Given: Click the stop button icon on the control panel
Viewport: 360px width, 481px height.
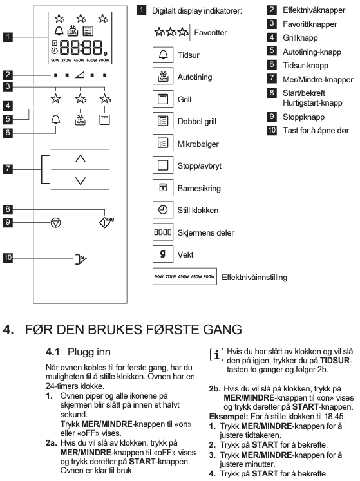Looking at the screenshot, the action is click(x=55, y=223).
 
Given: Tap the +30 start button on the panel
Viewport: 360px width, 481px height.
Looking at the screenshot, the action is click(x=106, y=222).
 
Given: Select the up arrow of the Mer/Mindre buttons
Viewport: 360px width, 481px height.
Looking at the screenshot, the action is click(x=81, y=158).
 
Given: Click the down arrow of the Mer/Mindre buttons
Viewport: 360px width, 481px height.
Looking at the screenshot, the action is click(x=81, y=181).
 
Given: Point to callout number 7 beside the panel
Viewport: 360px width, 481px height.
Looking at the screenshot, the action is click(x=8, y=169).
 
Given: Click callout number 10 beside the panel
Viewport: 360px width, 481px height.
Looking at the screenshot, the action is click(x=8, y=258).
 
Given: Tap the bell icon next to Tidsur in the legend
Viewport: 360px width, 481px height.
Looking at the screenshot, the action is click(x=163, y=55).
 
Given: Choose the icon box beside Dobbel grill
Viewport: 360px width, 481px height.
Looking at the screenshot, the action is click(x=163, y=121).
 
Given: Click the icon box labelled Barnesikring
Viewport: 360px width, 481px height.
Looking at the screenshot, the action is click(x=163, y=187).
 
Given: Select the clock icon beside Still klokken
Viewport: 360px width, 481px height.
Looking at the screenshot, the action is click(x=163, y=210).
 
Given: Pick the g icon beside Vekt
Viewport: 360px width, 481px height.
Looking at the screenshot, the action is click(x=163, y=254).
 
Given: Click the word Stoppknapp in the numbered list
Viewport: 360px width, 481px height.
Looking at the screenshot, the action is click(x=303, y=117).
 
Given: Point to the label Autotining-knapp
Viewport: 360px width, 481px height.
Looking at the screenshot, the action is click(x=312, y=52).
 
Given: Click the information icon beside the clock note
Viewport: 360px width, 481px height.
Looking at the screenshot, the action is click(x=216, y=355).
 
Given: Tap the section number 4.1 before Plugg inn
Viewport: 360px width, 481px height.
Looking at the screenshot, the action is click(x=52, y=352).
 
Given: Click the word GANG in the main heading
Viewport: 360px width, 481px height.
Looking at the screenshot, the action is click(x=223, y=330).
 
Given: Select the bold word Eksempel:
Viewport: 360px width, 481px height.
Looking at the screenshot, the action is click(x=229, y=417).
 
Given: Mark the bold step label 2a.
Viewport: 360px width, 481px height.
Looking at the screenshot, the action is click(x=52, y=443).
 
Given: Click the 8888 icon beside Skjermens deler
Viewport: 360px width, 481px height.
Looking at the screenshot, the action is click(x=163, y=232).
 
